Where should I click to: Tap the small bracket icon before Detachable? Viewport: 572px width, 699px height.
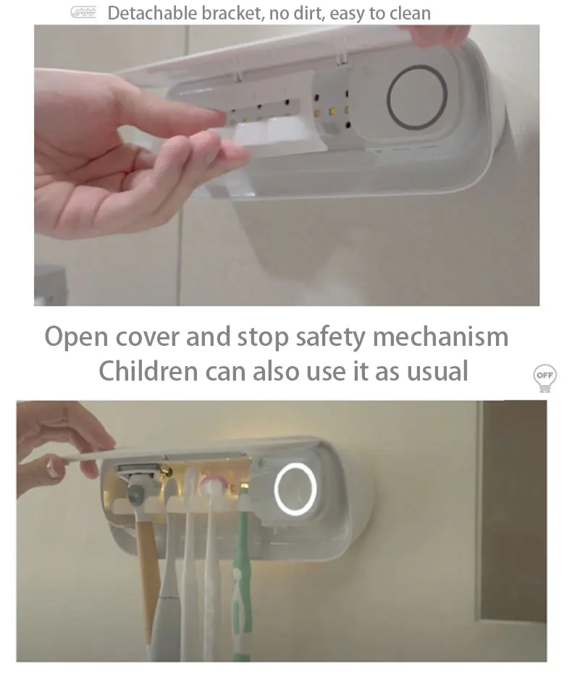pos(83,12)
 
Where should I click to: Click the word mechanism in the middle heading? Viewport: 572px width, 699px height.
pos(447,337)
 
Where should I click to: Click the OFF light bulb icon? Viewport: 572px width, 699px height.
pos(544,378)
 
